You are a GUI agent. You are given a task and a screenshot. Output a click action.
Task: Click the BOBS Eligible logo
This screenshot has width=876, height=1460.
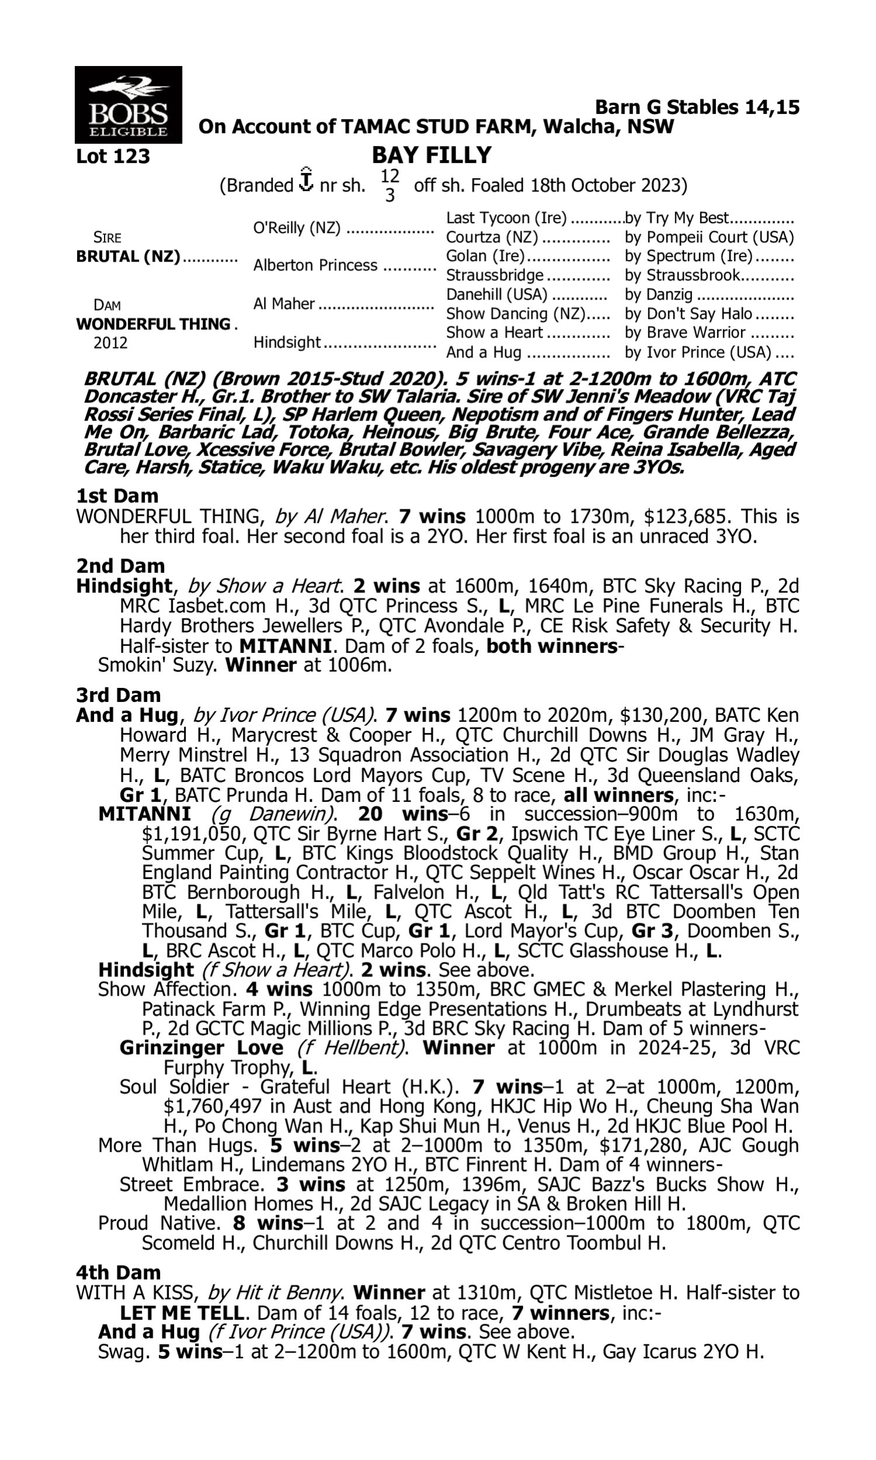tap(128, 105)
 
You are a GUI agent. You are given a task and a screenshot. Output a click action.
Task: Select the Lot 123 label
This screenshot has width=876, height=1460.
tap(113, 157)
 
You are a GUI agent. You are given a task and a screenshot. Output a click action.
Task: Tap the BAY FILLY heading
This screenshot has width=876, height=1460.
tap(432, 155)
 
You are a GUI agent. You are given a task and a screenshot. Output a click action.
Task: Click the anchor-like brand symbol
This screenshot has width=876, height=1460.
tap(306, 180)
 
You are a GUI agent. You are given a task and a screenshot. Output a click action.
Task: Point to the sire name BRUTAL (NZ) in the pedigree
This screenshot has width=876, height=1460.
tap(128, 258)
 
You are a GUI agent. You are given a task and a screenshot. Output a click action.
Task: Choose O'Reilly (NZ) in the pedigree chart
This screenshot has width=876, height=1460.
tap(296, 228)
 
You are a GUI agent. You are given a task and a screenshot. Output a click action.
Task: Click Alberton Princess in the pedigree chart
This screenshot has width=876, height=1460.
tap(315, 266)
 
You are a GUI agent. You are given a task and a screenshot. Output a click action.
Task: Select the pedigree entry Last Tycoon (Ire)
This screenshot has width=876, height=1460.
tap(506, 218)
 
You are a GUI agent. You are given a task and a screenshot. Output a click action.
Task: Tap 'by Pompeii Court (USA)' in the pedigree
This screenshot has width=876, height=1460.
tap(709, 238)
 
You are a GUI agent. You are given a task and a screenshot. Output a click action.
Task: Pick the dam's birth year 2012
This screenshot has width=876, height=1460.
tap(110, 343)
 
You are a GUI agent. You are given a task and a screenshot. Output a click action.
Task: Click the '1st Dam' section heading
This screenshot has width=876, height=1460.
tap(117, 496)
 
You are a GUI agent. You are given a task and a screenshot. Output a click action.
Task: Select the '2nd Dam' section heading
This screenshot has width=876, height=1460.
tap(120, 566)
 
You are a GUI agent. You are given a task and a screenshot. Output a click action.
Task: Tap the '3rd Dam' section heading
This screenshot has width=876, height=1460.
tap(118, 695)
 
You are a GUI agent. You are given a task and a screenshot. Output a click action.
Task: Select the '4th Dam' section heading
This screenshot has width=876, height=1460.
tap(118, 1273)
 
